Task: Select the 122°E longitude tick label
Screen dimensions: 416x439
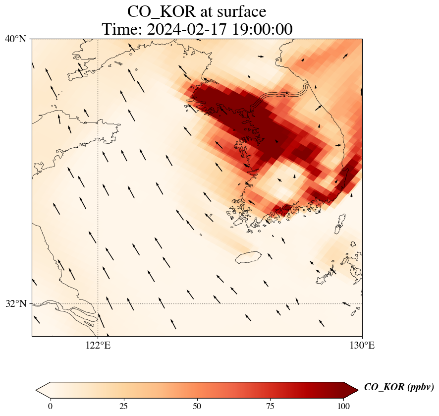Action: [x=98, y=345]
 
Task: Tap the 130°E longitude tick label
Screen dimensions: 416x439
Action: [x=362, y=345]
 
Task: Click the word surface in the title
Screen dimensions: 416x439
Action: [x=239, y=11]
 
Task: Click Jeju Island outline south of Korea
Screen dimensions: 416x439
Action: [x=248, y=257]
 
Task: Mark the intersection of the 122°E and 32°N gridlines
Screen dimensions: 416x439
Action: [x=98, y=303]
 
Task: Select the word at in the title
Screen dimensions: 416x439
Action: [x=204, y=11]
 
